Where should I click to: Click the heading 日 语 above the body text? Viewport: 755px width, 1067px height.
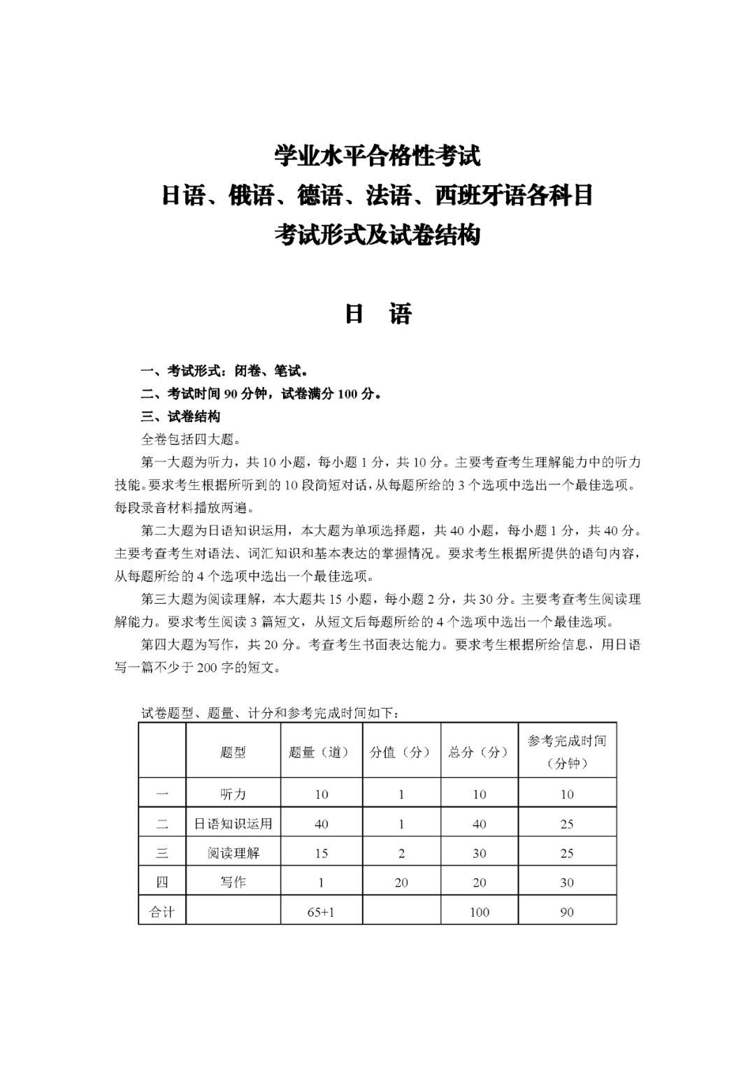(x=377, y=314)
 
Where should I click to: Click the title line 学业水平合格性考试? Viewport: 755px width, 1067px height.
(x=377, y=156)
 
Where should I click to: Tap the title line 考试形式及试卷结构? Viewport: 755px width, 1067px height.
(x=377, y=235)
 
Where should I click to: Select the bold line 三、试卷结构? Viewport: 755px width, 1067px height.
(x=181, y=416)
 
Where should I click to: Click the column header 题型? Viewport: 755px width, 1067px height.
(x=233, y=752)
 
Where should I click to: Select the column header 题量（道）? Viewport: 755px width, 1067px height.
(x=321, y=752)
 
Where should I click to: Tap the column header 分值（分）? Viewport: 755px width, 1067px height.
(x=401, y=752)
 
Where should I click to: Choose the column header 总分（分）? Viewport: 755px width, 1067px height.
(x=479, y=752)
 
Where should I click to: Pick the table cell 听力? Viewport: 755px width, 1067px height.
(x=233, y=794)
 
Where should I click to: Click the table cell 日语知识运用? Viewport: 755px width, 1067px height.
(x=233, y=823)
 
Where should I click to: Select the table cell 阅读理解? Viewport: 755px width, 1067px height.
(x=233, y=852)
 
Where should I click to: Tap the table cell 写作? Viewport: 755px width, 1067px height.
(x=233, y=882)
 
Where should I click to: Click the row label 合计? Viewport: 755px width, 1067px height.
(x=162, y=911)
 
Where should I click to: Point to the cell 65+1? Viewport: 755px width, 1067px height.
(x=321, y=911)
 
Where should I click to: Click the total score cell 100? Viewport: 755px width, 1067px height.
(x=479, y=911)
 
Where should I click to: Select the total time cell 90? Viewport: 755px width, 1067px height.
(x=567, y=911)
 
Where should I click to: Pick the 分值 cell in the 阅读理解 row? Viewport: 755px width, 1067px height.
(x=401, y=852)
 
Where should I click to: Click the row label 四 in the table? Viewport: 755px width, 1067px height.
(x=162, y=882)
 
